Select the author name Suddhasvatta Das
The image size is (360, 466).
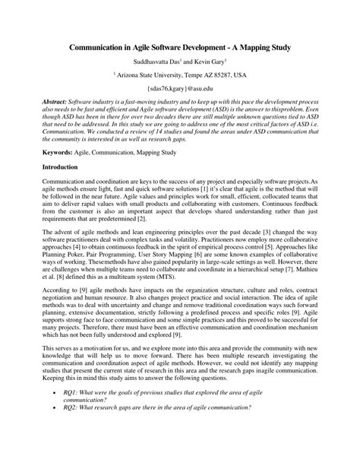click(x=154, y=61)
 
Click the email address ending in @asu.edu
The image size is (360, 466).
click(x=180, y=90)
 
